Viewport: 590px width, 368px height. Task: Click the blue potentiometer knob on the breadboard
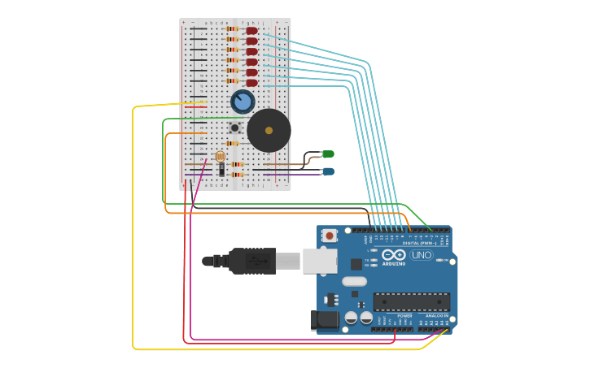point(243,102)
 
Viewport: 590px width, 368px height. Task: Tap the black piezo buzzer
point(269,130)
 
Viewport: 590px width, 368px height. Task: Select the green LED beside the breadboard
point(328,154)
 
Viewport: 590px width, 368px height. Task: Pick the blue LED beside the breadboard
point(328,171)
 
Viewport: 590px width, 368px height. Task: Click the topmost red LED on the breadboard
point(251,30)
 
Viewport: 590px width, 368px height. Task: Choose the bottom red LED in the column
point(251,83)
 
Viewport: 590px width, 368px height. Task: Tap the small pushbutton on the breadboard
point(234,128)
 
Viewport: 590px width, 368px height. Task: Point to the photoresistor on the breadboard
point(220,156)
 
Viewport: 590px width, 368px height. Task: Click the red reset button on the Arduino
point(330,236)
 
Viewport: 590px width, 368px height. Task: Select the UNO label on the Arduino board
point(422,255)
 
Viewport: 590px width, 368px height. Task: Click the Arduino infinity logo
point(394,254)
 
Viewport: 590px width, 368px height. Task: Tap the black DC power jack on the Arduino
point(325,320)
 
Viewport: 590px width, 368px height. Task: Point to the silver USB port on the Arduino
point(320,261)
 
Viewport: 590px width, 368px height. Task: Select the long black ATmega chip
point(411,301)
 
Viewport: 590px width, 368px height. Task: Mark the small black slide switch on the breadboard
point(221,169)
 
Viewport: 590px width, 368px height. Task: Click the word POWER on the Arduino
point(404,315)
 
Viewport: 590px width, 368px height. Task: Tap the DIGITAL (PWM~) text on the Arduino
point(419,243)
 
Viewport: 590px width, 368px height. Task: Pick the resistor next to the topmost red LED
point(233,29)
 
